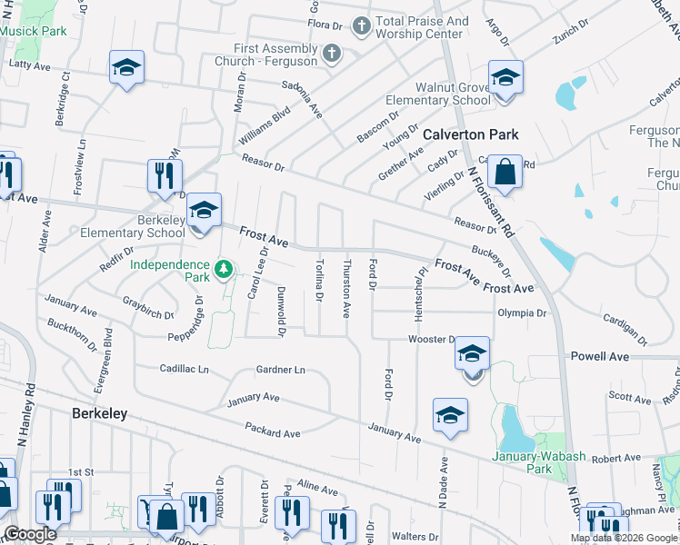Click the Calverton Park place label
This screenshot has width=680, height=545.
[x=471, y=134]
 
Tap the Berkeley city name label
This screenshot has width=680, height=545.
[x=98, y=413]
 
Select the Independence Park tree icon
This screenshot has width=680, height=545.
[x=224, y=270]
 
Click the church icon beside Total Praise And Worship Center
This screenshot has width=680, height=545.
[x=361, y=25]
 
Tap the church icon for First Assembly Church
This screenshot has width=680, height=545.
[x=332, y=53]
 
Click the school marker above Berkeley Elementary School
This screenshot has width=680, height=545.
[x=205, y=211]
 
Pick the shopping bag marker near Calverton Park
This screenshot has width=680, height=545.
[x=505, y=170]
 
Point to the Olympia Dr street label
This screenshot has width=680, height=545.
[x=522, y=313]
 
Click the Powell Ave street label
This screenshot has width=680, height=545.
[x=599, y=357]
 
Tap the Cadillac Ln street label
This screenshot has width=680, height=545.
[x=184, y=370]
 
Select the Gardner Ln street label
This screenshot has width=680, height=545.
[x=280, y=370]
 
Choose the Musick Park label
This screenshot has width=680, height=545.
[x=34, y=31]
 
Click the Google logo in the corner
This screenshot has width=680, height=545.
[x=29, y=534]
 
